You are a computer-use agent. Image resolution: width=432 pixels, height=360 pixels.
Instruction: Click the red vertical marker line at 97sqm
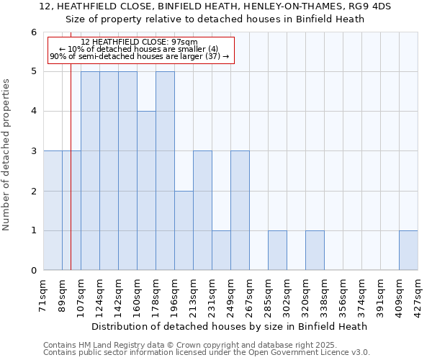click(71, 180)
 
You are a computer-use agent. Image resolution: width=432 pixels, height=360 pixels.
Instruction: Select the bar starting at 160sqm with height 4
click(146, 191)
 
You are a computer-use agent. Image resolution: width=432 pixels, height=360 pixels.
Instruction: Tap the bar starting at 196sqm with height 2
click(184, 230)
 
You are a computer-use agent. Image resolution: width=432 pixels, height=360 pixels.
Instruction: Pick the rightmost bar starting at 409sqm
click(408, 251)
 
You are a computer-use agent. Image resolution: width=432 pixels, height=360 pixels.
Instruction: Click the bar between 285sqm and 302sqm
click(277, 251)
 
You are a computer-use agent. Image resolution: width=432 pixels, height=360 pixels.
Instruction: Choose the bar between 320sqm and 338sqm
click(315, 251)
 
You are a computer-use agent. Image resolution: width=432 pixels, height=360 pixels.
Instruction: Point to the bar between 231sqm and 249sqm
click(221, 251)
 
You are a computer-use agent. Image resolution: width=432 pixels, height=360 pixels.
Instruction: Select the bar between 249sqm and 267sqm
click(240, 211)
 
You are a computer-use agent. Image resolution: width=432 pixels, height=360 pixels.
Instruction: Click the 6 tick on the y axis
click(33, 32)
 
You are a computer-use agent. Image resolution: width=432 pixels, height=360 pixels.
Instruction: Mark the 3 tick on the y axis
click(33, 151)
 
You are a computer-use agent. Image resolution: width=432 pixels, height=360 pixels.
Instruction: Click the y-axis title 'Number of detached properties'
click(7, 155)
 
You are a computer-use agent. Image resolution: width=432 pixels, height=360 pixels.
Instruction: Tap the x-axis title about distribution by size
click(230, 326)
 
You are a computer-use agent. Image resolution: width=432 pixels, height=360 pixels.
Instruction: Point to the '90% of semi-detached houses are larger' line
click(140, 56)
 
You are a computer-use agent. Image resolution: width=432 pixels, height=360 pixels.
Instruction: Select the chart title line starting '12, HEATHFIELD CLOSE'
click(215, 6)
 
